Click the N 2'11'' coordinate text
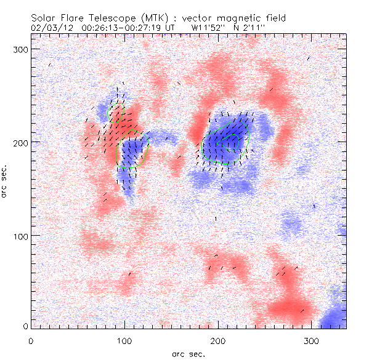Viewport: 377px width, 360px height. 250,27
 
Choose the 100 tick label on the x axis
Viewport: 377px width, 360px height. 124,340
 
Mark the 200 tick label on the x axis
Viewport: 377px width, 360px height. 218,340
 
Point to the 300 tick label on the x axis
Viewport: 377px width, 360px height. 312,340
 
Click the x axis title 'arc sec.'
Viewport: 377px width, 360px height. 188,354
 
